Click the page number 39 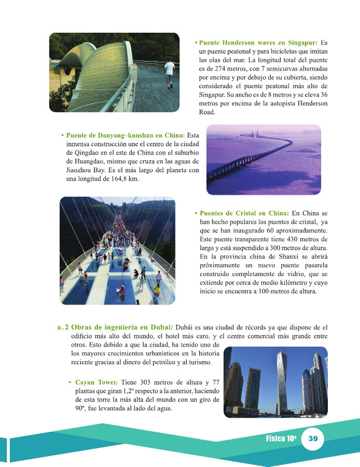[313, 438]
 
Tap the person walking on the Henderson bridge [169, 73]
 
